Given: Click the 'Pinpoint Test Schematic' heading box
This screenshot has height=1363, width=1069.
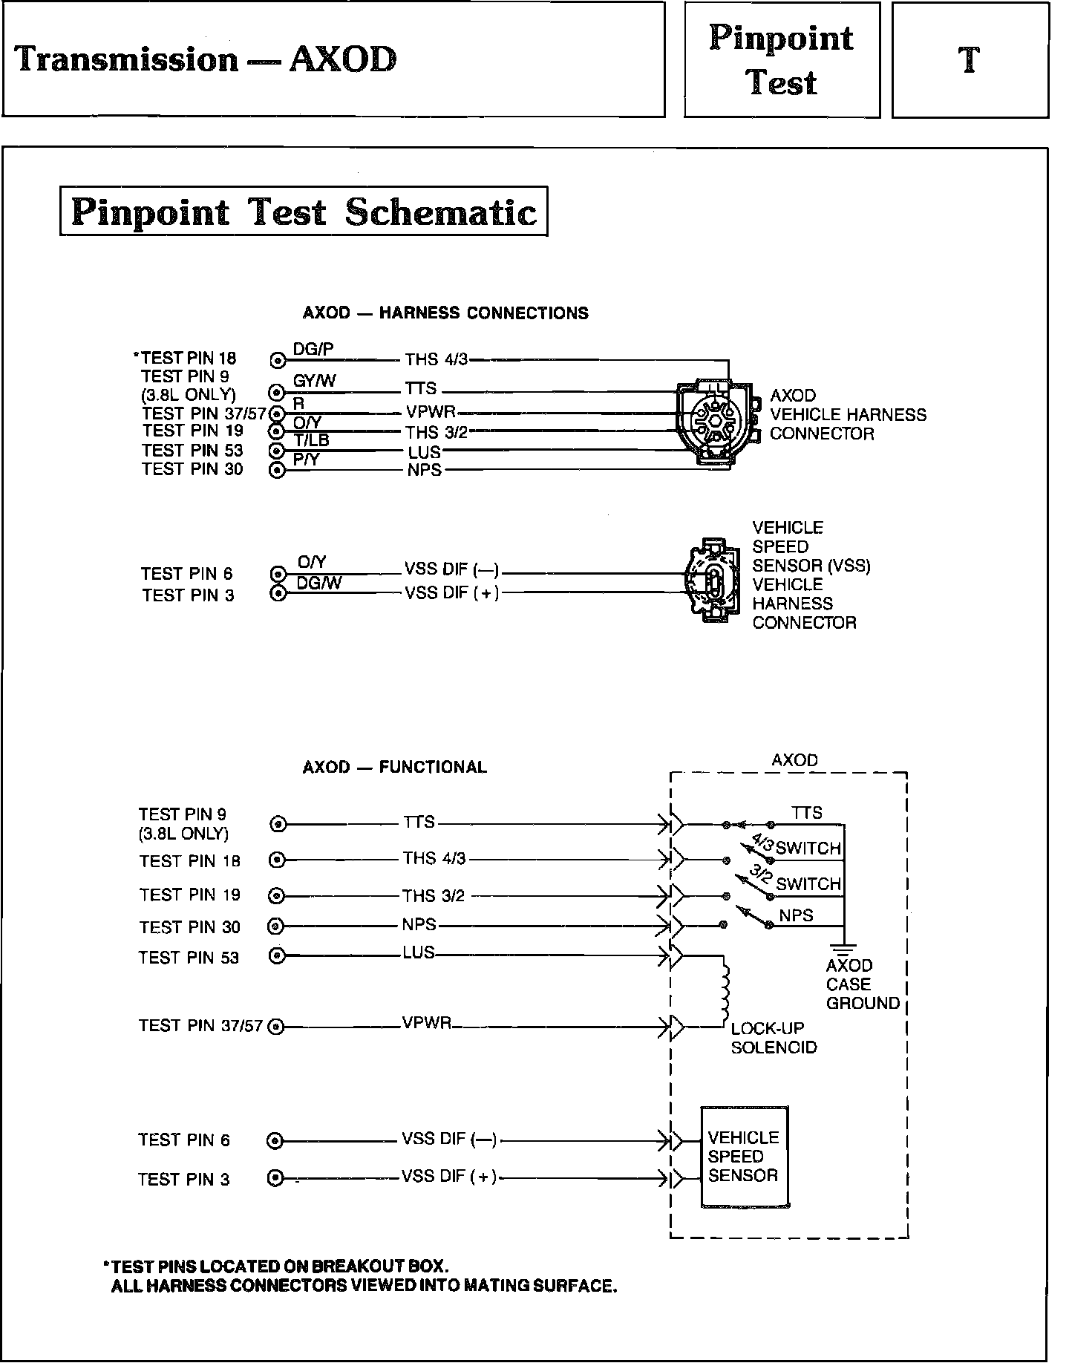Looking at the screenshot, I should (304, 212).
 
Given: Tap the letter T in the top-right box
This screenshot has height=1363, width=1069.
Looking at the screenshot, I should (969, 60).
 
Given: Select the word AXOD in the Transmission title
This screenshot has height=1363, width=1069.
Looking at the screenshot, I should (342, 59).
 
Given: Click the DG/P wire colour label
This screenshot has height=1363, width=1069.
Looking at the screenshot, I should (313, 349).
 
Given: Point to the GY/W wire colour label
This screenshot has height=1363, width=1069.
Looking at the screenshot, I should (315, 381).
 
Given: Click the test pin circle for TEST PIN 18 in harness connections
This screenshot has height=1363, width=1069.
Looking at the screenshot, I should (278, 361).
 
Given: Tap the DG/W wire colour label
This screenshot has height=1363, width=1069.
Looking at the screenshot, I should (319, 584).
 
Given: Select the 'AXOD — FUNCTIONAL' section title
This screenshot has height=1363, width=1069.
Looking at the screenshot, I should (394, 767).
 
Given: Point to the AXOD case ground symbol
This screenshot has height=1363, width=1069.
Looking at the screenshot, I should (844, 947).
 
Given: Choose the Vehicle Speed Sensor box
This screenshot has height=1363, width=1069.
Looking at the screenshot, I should (745, 1157).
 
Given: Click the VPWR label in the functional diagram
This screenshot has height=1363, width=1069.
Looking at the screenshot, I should (427, 1023).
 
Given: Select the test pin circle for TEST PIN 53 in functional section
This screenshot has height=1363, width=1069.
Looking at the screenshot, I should (277, 956).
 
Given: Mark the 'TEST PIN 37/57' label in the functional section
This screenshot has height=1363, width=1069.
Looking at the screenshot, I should (200, 1026).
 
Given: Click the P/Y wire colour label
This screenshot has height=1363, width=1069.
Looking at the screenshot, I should (306, 460).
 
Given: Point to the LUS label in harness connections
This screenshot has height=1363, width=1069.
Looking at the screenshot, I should (424, 451).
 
